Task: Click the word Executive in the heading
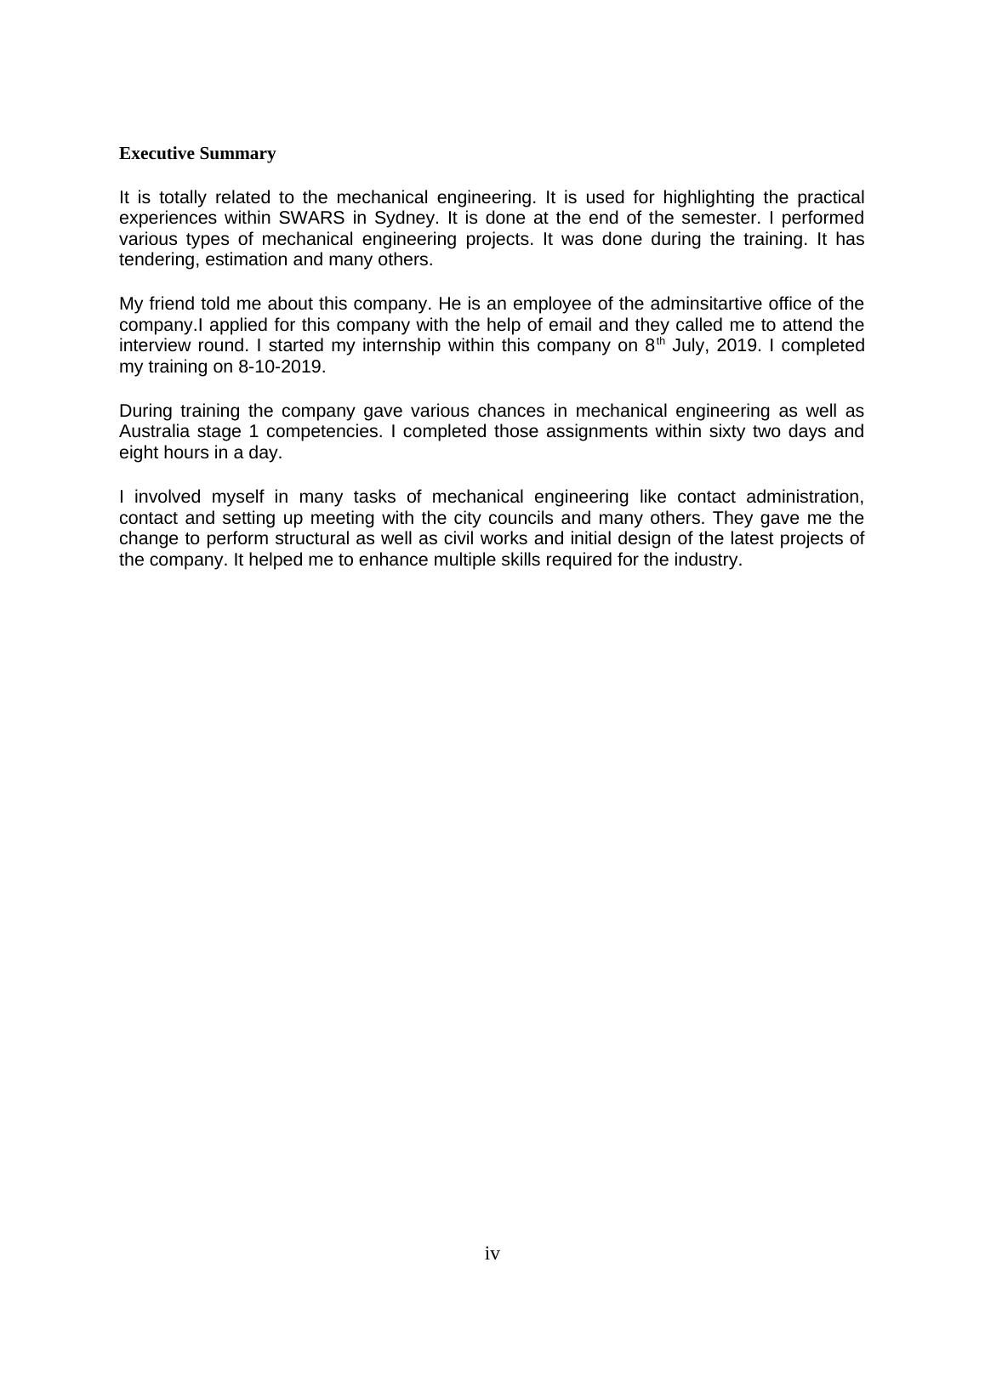(157, 154)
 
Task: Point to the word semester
(714, 218)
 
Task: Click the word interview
(151, 346)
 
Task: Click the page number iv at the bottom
(492, 1254)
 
